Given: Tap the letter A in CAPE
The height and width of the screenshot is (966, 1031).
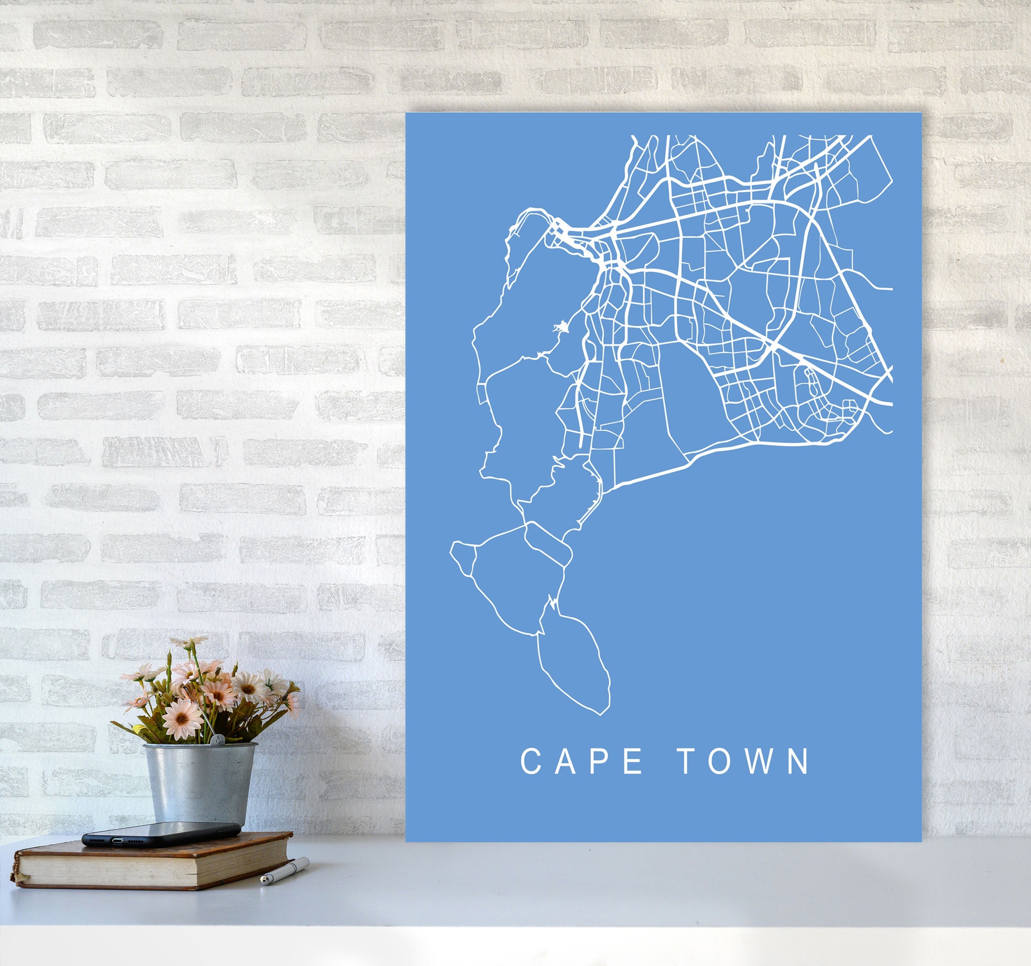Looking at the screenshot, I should tap(566, 761).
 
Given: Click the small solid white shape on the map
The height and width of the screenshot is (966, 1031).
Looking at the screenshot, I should tap(560, 328).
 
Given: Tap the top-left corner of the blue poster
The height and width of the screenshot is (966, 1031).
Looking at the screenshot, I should tap(406, 113).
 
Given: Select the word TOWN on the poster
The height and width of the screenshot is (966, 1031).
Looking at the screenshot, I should tap(745, 761).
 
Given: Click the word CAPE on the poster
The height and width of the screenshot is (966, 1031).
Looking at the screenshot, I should tap(582, 761).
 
